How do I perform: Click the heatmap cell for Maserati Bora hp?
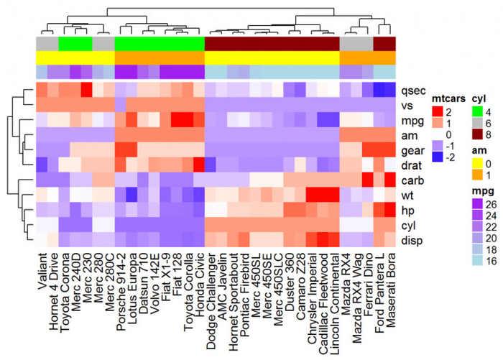coord(389,210)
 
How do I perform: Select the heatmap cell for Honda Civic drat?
coord(198,165)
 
